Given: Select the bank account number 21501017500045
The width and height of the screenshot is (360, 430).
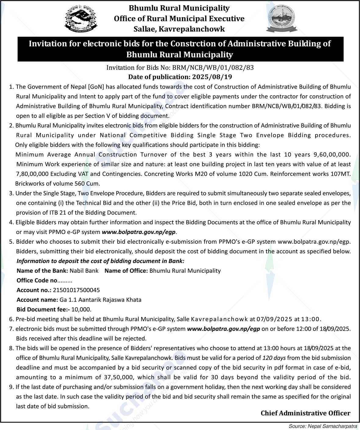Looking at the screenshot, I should tap(76, 290).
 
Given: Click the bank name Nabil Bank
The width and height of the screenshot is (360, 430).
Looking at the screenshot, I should tap(84, 270).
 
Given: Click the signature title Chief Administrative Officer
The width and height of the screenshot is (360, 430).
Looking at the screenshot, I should tap(305, 413).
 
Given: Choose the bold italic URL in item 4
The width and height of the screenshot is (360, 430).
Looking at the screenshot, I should tap(139, 232).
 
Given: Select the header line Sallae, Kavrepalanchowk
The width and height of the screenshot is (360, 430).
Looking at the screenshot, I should tap(179, 29).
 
